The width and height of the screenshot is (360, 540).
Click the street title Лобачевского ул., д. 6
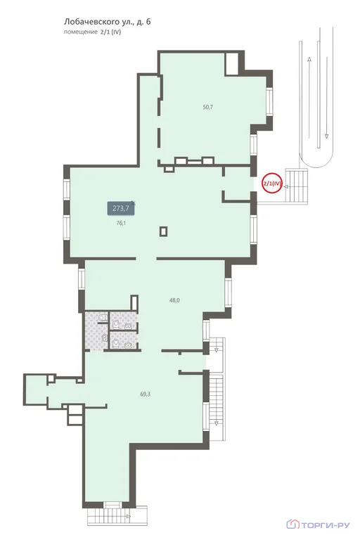(x=107, y=22)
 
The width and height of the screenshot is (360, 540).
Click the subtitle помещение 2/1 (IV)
(x=92, y=32)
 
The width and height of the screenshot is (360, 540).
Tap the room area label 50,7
(x=207, y=107)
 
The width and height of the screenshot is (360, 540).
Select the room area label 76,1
(x=121, y=223)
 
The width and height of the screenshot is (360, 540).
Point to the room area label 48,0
(x=174, y=300)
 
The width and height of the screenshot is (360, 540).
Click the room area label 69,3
(x=145, y=394)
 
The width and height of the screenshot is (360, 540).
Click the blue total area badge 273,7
(x=121, y=208)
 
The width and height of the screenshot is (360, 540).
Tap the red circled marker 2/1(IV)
(x=273, y=184)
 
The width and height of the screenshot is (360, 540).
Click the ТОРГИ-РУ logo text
(x=326, y=525)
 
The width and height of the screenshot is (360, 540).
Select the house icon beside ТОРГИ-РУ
(x=292, y=525)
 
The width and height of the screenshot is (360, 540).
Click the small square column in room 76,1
(x=164, y=231)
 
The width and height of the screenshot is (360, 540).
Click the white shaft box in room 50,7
(x=231, y=64)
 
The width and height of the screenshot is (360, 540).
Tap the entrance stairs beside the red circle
(x=296, y=186)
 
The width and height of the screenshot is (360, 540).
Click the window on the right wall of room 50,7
(x=270, y=102)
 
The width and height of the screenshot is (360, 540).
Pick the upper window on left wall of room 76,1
(x=67, y=189)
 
